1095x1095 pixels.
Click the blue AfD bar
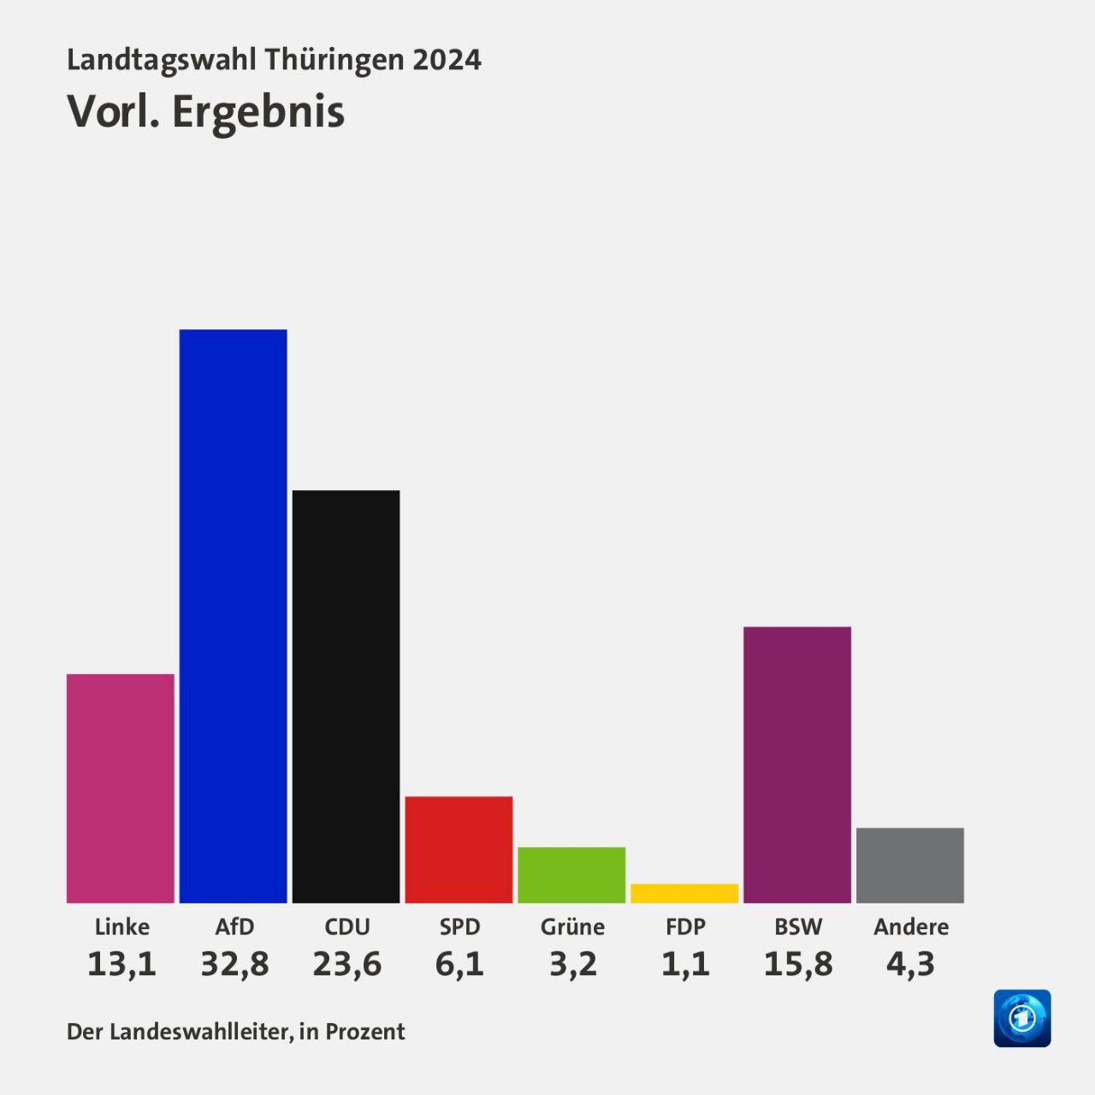233,616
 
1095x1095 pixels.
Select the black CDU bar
346,696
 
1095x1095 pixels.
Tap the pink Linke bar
121,788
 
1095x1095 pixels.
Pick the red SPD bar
459,849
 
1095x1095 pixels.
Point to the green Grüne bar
571,874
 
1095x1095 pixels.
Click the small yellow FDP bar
684,893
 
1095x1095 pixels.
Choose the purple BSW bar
797,765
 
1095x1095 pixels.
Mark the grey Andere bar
910,865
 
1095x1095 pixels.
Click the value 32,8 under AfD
234,964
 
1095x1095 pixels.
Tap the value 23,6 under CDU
347,964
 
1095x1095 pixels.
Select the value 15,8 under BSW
798,964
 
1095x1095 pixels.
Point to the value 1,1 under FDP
685,964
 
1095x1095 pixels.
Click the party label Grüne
572,926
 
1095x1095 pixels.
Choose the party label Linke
121,926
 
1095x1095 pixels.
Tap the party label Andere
911,926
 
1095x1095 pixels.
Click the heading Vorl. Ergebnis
206,112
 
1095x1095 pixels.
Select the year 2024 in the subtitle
447,60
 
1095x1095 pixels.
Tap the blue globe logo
1022,1018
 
